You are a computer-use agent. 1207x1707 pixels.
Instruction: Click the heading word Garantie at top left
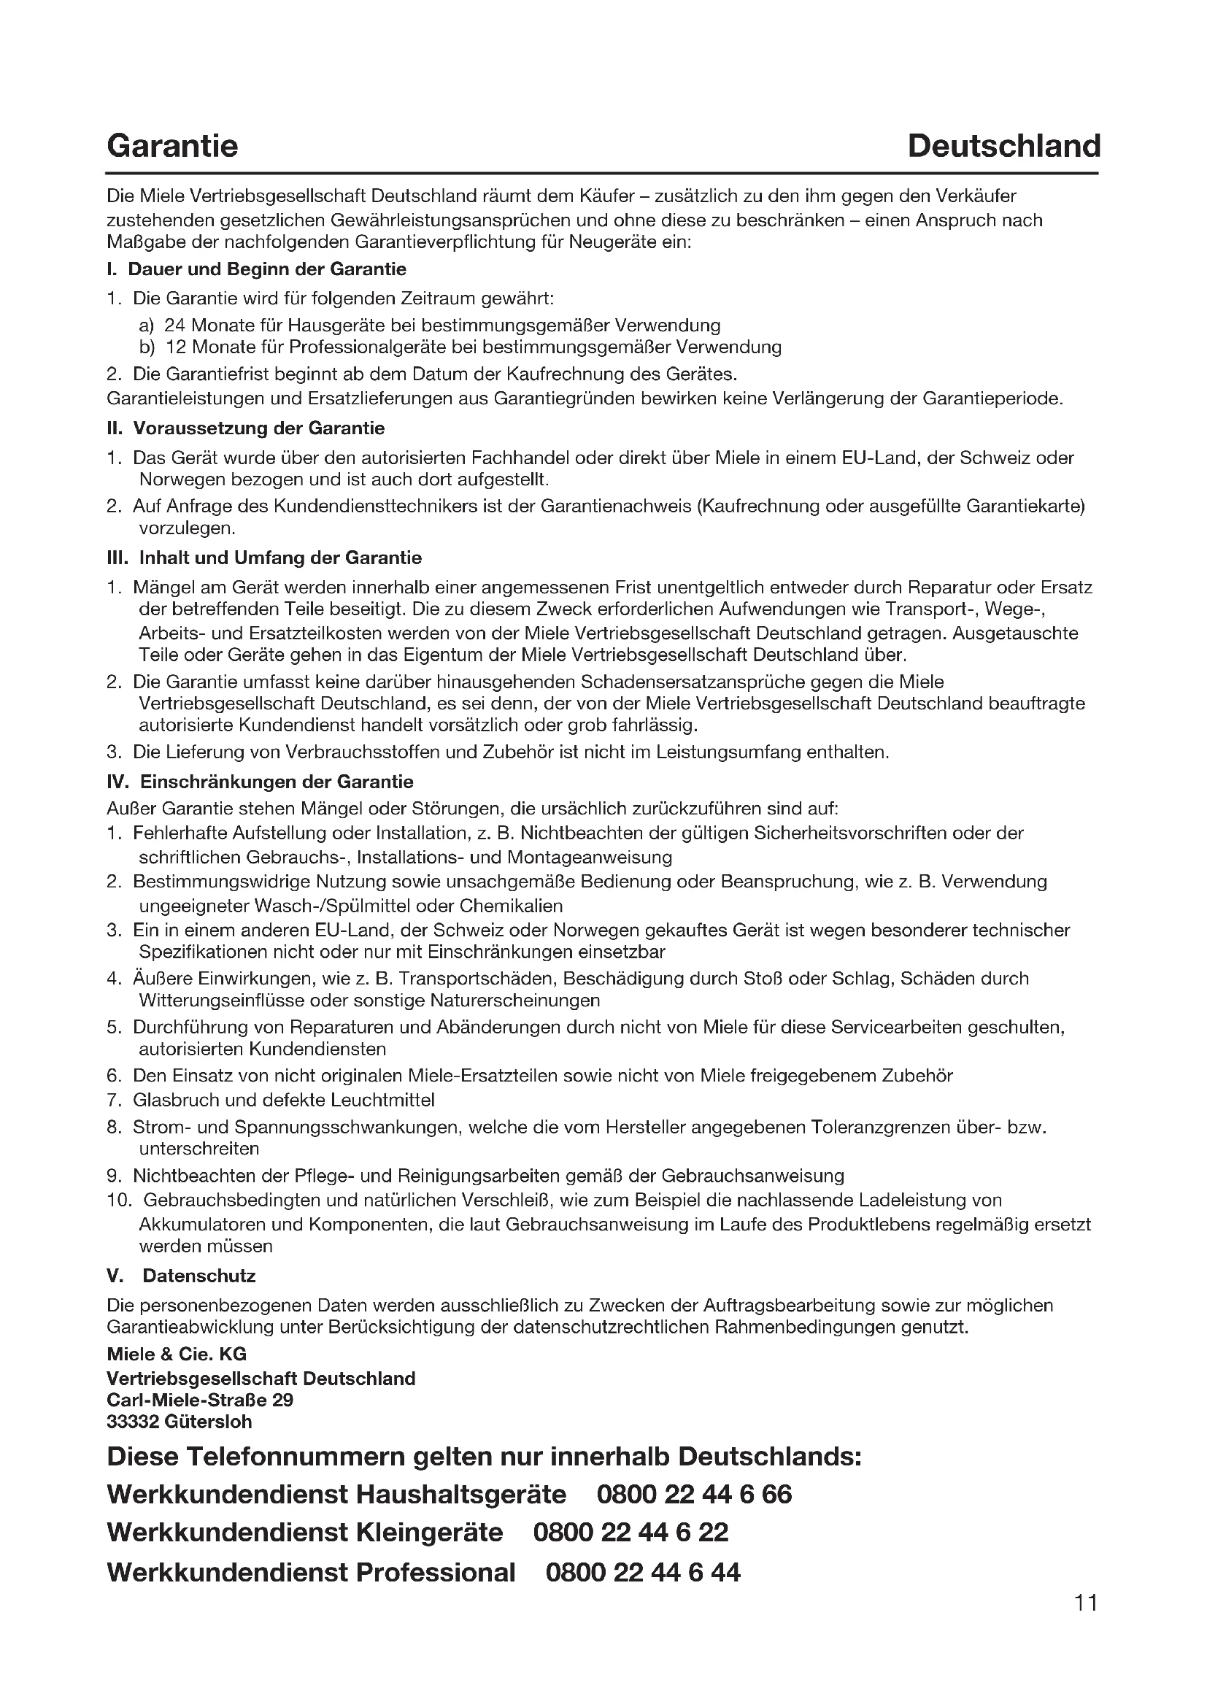tap(172, 146)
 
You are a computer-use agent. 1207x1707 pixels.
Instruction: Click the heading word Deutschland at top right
tap(1003, 146)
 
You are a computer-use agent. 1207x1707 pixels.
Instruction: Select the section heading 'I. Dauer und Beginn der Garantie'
tap(256, 269)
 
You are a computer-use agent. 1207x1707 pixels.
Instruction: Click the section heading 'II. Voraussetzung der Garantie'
tap(246, 428)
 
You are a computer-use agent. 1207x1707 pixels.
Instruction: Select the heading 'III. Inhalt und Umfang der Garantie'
tap(265, 558)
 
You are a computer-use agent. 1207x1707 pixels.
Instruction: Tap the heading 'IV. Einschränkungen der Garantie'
tap(260, 782)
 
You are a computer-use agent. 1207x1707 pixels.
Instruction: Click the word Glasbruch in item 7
tap(171, 1100)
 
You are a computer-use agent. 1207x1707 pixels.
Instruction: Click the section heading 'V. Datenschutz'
tap(182, 1276)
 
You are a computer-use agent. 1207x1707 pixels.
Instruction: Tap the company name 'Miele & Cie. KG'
tap(177, 1354)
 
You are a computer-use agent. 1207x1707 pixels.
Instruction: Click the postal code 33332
tap(131, 1422)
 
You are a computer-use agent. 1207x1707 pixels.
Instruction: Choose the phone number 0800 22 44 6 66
tap(694, 1494)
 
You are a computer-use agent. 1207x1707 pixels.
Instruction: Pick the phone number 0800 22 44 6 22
tap(631, 1533)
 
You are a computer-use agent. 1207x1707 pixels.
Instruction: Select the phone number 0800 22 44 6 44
tap(643, 1572)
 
